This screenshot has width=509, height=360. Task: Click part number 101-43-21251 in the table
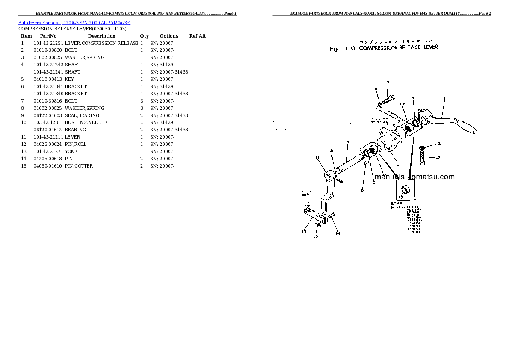pyautogui.click(x=48, y=43)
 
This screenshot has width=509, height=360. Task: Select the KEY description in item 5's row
pyautogui.click(x=69, y=79)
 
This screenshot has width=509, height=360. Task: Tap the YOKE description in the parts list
pyautogui.click(x=71, y=151)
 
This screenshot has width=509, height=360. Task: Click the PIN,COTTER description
pyautogui.click(x=79, y=166)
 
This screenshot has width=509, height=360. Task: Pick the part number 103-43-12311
pyautogui.click(x=48, y=122)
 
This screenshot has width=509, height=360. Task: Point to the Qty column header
pyautogui.click(x=144, y=36)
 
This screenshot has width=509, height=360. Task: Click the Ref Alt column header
pyautogui.click(x=198, y=36)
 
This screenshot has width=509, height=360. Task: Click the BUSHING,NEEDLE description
pyautogui.click(x=86, y=122)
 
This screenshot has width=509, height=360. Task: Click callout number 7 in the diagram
pyautogui.click(x=388, y=82)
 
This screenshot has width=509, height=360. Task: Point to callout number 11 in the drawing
pyautogui.click(x=318, y=158)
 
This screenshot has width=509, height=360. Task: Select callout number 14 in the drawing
pyautogui.click(x=337, y=233)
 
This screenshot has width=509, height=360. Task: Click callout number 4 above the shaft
pyautogui.click(x=348, y=142)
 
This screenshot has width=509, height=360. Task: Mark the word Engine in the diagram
pyautogui.click(x=306, y=195)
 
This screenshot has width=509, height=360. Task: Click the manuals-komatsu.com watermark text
pyautogui.click(x=414, y=177)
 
